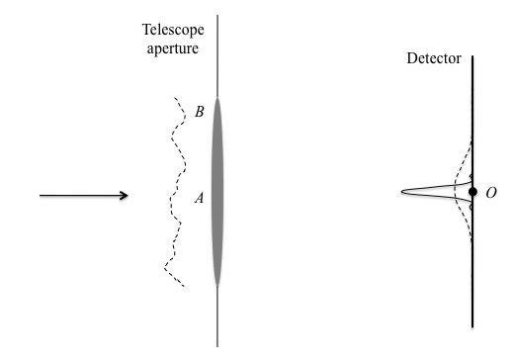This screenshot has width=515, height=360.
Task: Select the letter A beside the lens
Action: pyautogui.click(x=199, y=198)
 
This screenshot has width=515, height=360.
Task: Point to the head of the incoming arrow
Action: pyautogui.click(x=127, y=195)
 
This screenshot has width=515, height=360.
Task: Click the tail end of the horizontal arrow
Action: pyautogui.click(x=41, y=195)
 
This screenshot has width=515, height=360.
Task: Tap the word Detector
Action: pyautogui.click(x=434, y=59)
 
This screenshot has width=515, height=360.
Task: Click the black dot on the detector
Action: pyautogui.click(x=473, y=191)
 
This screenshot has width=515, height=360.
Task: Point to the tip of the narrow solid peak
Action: pyautogui.click(x=403, y=191)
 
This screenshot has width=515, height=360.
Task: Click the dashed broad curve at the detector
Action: pyautogui.click(x=456, y=178)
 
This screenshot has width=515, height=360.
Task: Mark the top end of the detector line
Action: pyautogui.click(x=473, y=56)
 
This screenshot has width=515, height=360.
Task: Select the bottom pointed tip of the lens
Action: pyautogui.click(x=217, y=286)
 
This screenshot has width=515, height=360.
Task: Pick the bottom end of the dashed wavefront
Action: pyautogui.click(x=182, y=287)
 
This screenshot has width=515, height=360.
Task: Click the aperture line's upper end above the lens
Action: pyautogui.click(x=217, y=16)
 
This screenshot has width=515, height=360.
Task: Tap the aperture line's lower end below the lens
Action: pyautogui.click(x=217, y=346)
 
